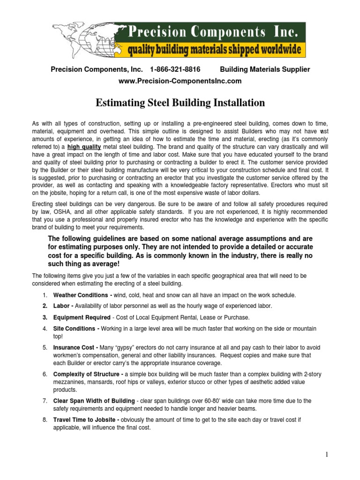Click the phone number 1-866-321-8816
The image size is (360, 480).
175,69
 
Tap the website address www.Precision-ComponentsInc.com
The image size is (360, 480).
180,81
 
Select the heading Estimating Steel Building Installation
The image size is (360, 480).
180,103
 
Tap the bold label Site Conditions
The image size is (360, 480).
75,329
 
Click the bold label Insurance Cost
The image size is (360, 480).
75,348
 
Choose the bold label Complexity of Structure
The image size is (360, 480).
87,375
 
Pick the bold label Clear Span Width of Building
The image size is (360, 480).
93,401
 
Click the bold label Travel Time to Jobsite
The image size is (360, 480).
86,420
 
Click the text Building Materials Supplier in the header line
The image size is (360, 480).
265,69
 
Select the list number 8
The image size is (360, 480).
45,420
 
